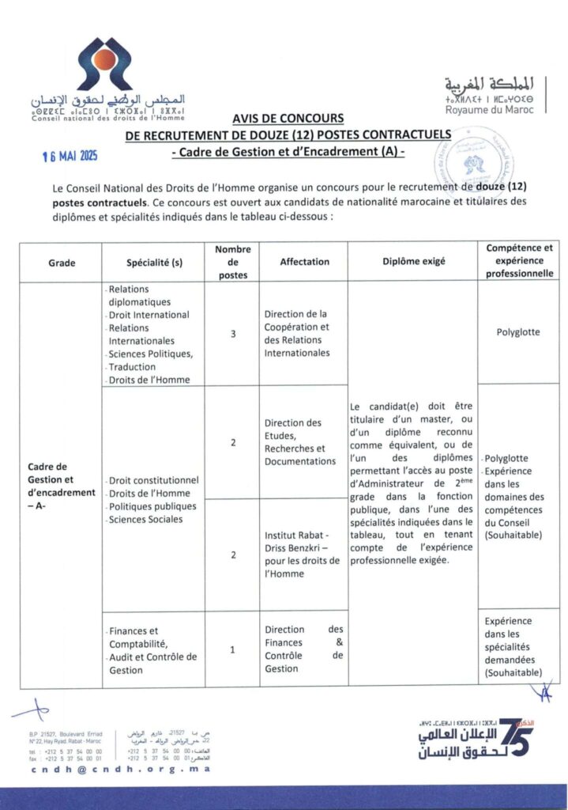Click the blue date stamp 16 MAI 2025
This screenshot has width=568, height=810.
[70, 157]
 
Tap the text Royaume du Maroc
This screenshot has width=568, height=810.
[489, 110]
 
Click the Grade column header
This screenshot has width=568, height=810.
[62, 262]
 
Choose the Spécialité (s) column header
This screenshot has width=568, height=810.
[154, 262]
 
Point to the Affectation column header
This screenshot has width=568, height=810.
[304, 262]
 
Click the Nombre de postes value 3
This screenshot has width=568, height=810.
[232, 334]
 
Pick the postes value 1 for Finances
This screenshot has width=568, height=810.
[232, 649]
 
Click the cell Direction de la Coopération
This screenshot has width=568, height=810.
[297, 333]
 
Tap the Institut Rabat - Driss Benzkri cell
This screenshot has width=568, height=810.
[302, 555]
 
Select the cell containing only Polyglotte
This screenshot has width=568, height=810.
[518, 332]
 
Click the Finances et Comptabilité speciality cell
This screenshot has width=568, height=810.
[153, 650]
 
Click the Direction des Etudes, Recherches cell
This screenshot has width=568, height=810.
[299, 442]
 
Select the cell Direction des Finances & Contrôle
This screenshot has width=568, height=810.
[304, 649]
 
